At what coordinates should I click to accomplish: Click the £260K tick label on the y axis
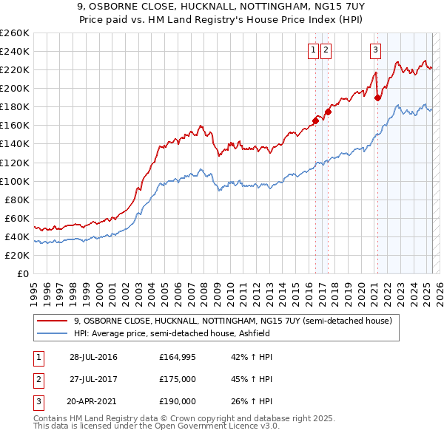(15, 33)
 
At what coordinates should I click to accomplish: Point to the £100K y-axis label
(15, 181)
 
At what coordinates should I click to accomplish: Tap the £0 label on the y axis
(23, 273)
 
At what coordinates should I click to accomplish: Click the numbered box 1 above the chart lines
(313, 50)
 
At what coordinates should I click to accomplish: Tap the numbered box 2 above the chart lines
(326, 50)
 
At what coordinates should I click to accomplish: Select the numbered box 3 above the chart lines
(375, 50)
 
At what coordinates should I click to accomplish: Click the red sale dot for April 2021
(377, 97)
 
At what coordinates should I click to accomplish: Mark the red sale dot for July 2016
(315, 120)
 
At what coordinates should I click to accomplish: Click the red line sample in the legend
(53, 321)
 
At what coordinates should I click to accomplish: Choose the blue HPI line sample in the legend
(53, 333)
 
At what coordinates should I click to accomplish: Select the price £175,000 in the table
(178, 379)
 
